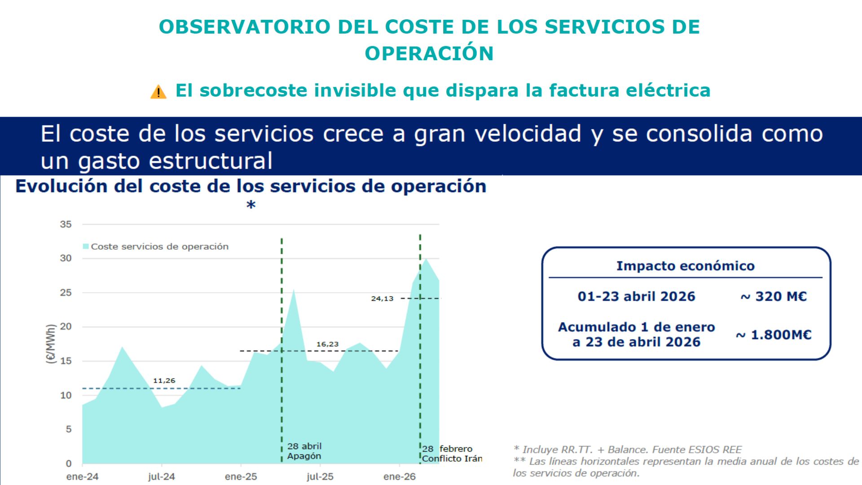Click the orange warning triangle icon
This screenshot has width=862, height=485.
click(x=158, y=92)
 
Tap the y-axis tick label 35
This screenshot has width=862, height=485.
click(x=66, y=224)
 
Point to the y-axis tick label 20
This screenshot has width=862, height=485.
click(x=66, y=326)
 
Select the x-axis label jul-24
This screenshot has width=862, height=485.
click(x=162, y=477)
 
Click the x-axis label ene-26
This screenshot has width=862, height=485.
click(x=400, y=477)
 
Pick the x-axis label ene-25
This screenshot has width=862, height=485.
click(x=241, y=477)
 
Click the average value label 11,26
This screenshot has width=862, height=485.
click(x=164, y=381)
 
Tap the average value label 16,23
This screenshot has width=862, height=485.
click(x=327, y=344)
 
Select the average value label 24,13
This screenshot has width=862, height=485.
click(x=382, y=299)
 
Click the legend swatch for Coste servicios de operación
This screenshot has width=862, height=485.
click(x=86, y=246)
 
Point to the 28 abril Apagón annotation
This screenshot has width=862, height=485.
click(x=304, y=451)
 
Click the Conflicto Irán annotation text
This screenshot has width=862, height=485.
click(x=452, y=459)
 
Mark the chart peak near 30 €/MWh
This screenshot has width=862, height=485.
click(x=426, y=259)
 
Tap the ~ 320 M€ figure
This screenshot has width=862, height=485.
click(x=773, y=296)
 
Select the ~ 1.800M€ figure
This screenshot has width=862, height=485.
click(x=773, y=335)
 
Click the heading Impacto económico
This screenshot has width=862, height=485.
click(x=685, y=266)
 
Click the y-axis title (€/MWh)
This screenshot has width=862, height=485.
click(x=51, y=344)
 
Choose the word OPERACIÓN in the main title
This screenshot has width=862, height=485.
click(x=429, y=53)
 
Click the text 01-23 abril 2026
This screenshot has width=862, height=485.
click(x=636, y=296)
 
